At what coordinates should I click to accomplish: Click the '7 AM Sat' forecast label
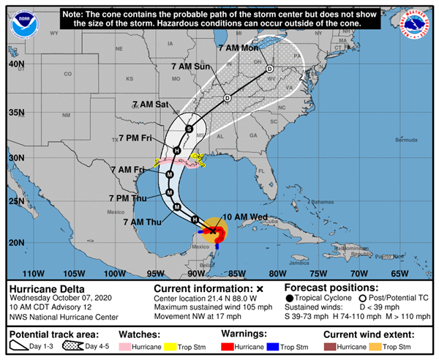tap(151, 105)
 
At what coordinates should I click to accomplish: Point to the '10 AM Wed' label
tap(244, 216)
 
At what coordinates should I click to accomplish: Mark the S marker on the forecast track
tap(189, 130)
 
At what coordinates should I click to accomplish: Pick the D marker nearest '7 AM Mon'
tap(269, 70)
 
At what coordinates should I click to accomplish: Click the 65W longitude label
tap(398, 274)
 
